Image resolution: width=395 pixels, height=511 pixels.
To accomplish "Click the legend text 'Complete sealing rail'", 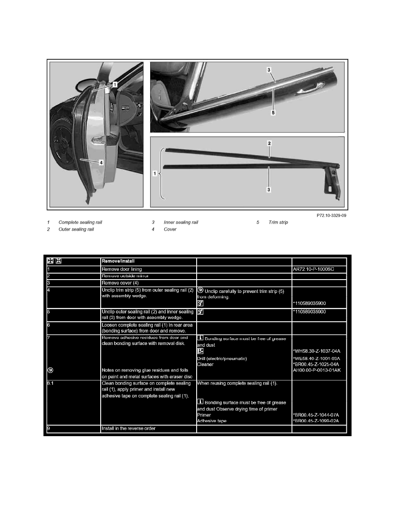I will tap(80, 222).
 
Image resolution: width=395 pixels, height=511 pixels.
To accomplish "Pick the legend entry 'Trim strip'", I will tap(278, 222).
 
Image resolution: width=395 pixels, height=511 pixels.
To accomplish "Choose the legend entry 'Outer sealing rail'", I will tap(76, 229).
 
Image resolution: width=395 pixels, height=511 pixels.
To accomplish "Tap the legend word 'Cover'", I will tap(170, 229).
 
